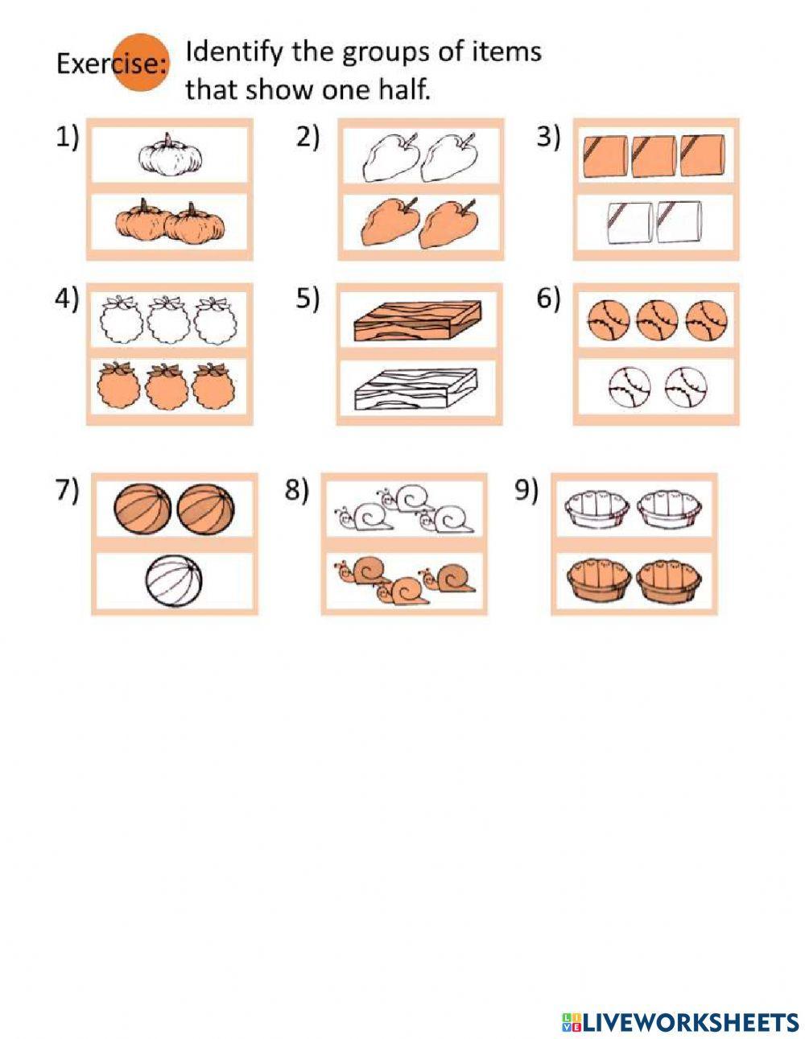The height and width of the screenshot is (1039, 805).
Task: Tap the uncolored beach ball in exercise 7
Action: pos(175,583)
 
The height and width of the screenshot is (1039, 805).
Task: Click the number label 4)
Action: pos(68,299)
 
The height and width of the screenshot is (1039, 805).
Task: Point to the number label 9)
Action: pos(526,490)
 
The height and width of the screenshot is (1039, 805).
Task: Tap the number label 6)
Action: pos(548,299)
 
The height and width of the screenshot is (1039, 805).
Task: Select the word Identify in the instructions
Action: pos(234,52)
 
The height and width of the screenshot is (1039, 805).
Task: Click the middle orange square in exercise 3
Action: pos(654,155)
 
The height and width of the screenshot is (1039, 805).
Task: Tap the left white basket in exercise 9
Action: pos(593,509)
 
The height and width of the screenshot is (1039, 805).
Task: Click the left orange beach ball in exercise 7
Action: pos(142,509)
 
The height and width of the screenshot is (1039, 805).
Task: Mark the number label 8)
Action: pos(297,490)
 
